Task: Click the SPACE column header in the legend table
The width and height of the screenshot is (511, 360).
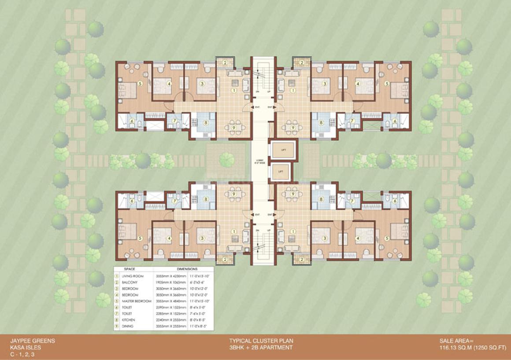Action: pos(130,268)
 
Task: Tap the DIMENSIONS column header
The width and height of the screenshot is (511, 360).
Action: pos(187,268)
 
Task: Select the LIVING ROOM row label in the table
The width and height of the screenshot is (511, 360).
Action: pos(133,276)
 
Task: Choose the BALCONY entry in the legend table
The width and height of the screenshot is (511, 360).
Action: pos(130,282)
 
